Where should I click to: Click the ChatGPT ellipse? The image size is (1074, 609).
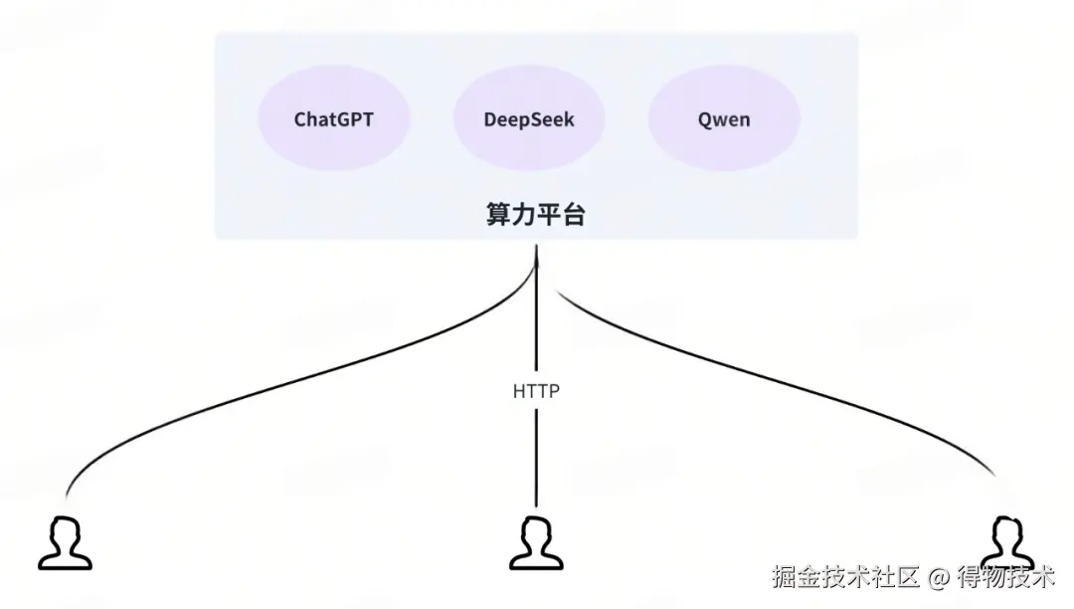click(x=334, y=119)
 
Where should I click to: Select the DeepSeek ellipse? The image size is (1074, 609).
click(x=529, y=119)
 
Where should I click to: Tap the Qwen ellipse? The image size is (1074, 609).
click(x=724, y=119)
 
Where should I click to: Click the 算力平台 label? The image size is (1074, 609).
click(x=535, y=214)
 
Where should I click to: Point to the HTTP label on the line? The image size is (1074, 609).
click(x=536, y=391)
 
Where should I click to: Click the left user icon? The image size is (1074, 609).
click(x=65, y=542)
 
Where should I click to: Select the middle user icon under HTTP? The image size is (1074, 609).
click(x=536, y=542)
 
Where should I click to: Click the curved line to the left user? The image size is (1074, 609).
click(x=249, y=391)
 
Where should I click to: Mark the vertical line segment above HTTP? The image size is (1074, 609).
click(x=537, y=318)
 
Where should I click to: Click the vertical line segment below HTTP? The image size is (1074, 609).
click(x=537, y=458)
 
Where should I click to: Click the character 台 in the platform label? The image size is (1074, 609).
click(x=573, y=214)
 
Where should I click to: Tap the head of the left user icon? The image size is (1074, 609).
click(x=66, y=529)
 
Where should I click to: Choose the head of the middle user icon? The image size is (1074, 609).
click(x=536, y=529)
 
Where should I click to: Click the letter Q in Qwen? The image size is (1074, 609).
click(x=704, y=119)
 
